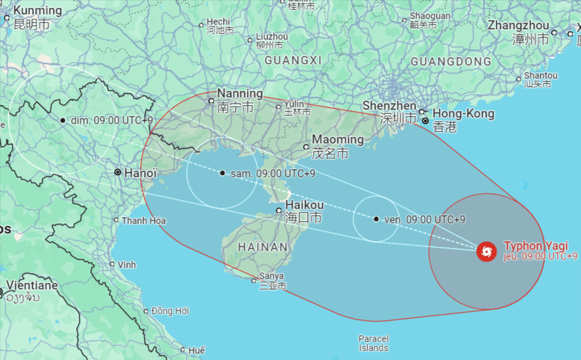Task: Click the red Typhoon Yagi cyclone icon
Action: coord(486,251)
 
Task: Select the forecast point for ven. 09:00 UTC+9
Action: coord(377,219)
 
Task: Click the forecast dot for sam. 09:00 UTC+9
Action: coord(223,173)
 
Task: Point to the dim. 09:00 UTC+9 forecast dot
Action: coord(63,120)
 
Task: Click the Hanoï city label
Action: coord(141,173)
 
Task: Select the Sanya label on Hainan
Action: coord(271,276)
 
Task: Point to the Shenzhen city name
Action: coord(389,106)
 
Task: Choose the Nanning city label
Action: coord(240,93)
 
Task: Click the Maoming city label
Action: coord(338,139)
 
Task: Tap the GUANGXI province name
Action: coord(293,60)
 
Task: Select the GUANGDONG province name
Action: coord(451,62)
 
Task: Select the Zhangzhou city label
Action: coord(518,25)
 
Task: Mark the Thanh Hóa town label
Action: coord(143,221)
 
